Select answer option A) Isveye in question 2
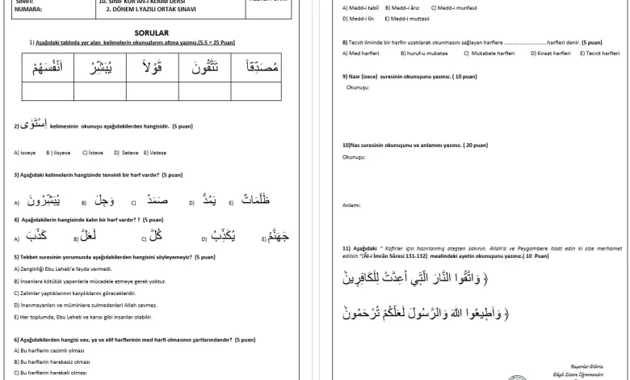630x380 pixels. pyautogui.click(x=25, y=152)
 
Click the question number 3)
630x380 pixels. pyautogui.click(x=17, y=175)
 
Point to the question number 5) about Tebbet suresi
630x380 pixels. pyautogui.click(x=17, y=257)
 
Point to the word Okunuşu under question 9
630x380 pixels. pyautogui.click(x=358, y=87)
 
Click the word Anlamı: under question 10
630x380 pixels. pyautogui.click(x=351, y=205)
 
